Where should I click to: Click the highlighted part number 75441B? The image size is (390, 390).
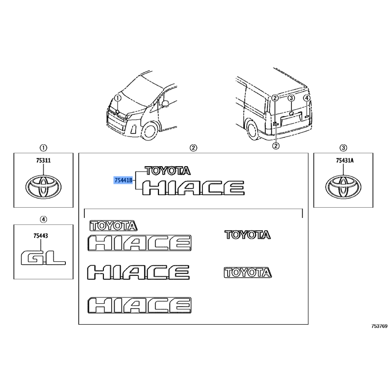[123, 180]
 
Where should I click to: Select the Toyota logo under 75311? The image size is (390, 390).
[43, 186]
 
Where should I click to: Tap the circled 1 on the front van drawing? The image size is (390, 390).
[117, 98]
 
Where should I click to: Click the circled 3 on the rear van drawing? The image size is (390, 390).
[291, 98]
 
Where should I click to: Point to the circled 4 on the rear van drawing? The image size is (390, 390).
[307, 98]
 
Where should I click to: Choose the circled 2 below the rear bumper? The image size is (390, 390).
[275, 145]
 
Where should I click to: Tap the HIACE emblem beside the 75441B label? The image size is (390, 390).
[193, 187]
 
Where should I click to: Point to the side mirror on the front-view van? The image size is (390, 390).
[165, 103]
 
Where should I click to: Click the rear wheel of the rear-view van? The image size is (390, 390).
[252, 130]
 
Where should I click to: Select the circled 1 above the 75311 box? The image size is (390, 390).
[43, 148]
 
